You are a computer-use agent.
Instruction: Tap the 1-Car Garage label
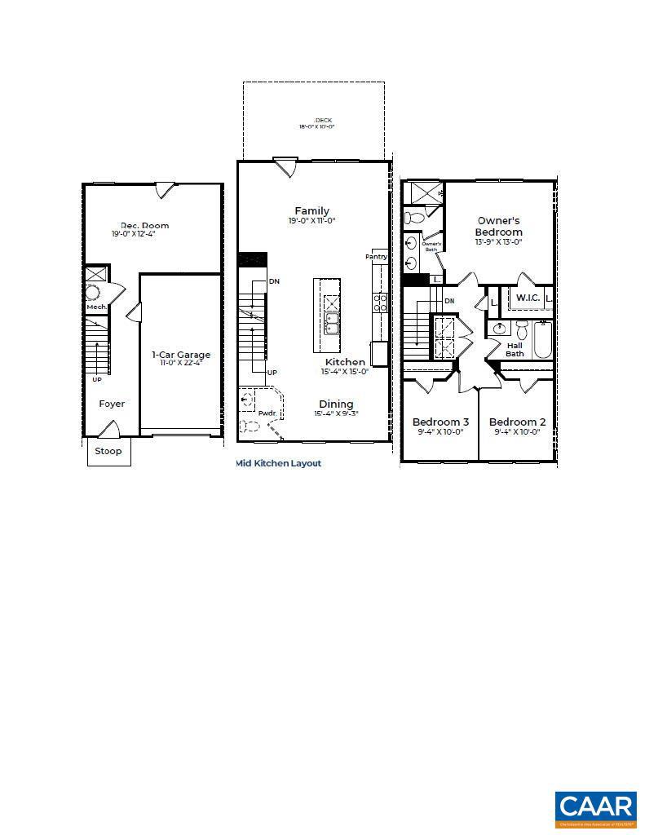click(x=181, y=355)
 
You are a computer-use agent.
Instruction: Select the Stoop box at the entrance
click(x=108, y=451)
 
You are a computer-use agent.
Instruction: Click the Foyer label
click(x=112, y=404)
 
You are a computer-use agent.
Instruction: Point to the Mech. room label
click(x=97, y=307)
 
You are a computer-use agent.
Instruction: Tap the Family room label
click(x=311, y=211)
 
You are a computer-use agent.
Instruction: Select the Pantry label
click(x=376, y=257)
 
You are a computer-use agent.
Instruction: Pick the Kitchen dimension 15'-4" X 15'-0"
click(x=345, y=372)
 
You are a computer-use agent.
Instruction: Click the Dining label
click(x=336, y=404)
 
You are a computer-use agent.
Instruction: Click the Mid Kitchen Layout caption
click(x=278, y=463)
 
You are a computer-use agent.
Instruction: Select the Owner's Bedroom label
click(x=498, y=226)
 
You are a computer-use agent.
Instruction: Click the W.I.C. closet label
click(x=528, y=298)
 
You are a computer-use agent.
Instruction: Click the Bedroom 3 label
click(x=440, y=422)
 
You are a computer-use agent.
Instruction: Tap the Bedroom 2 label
click(x=518, y=422)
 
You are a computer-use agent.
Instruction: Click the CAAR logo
click(x=595, y=808)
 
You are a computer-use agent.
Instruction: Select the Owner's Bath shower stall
click(x=424, y=193)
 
